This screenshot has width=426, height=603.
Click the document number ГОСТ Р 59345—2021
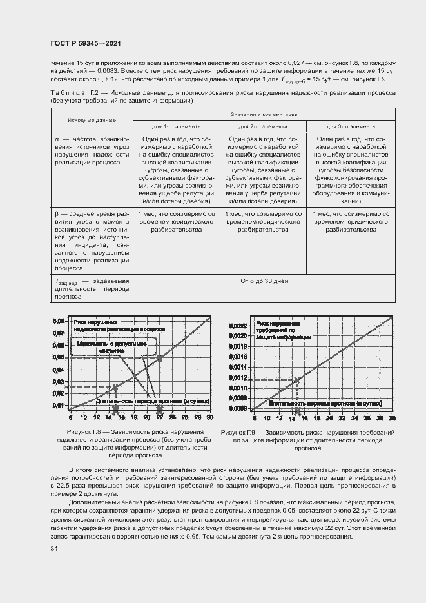(x=86, y=43)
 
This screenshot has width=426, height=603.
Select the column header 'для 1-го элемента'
(x=176, y=126)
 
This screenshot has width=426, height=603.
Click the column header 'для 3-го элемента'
(x=351, y=126)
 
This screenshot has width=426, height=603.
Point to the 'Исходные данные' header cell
(x=92, y=120)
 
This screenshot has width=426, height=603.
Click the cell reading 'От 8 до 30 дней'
(x=264, y=281)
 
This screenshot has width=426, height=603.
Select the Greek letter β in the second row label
(x=56, y=213)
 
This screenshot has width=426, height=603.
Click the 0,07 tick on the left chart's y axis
(x=58, y=333)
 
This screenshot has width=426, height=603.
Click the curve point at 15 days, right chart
(x=298, y=379)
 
